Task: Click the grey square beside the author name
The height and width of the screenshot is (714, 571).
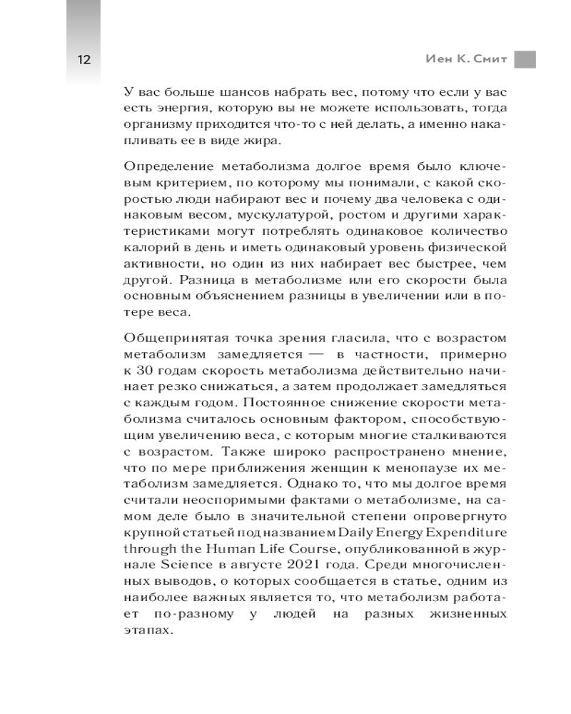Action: click(525, 59)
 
